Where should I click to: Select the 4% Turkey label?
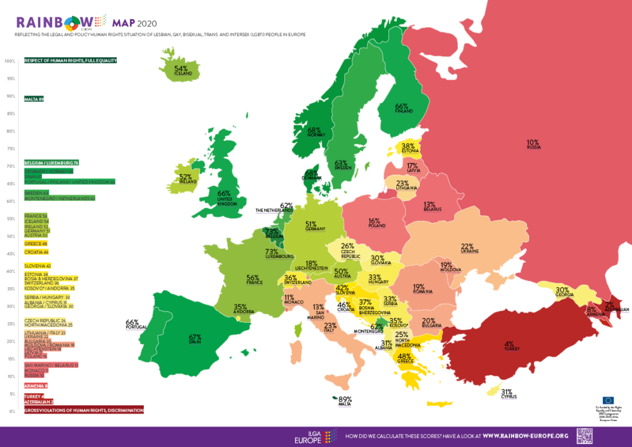[x=509, y=346]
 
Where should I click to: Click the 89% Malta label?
[x=345, y=401]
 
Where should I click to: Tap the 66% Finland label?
[x=402, y=108]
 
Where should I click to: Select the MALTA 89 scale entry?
[x=34, y=99]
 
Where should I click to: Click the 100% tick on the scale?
[x=9, y=61]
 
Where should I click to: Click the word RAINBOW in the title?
[x=49, y=22]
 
